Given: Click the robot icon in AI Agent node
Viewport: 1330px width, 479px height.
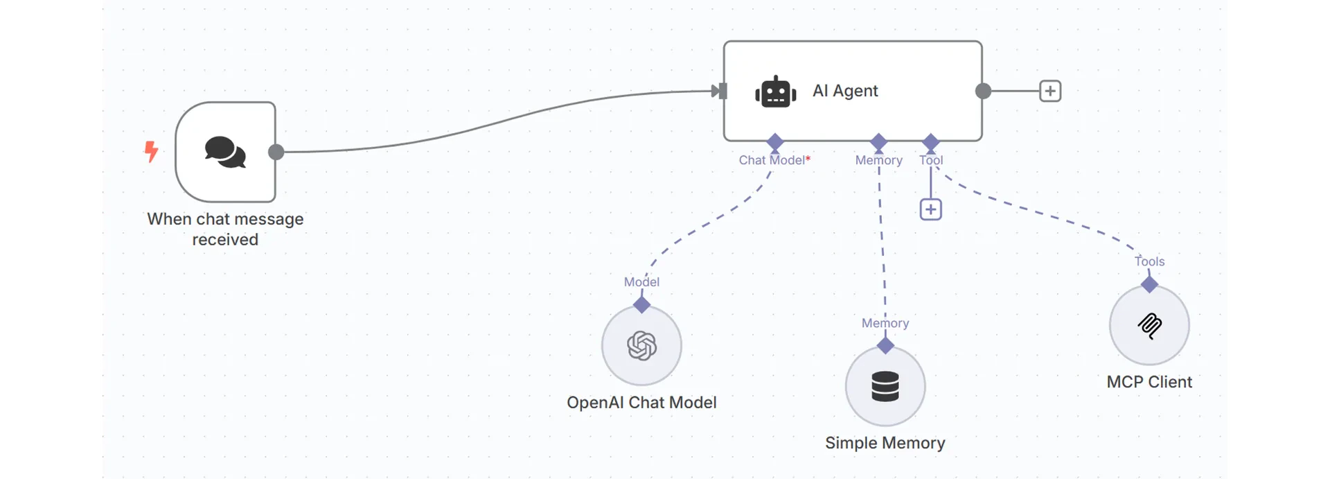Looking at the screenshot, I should point(775,92).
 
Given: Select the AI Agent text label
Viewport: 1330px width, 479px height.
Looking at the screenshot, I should point(845,91).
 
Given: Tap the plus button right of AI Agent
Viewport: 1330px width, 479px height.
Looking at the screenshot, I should point(1050,91).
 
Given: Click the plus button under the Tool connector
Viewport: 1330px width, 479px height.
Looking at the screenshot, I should point(930,209).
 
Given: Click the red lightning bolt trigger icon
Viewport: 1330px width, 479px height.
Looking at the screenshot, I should point(151,151).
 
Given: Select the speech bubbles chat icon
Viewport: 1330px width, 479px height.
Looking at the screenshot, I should point(225,152).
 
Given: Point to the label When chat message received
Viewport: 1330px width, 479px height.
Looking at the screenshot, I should point(225,229).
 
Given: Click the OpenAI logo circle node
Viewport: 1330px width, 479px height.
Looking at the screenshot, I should point(641,345).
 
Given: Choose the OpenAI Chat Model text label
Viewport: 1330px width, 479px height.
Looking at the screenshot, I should point(641,403).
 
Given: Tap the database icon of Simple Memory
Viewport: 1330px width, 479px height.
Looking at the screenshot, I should point(885,386).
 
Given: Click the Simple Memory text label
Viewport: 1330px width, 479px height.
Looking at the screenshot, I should point(885,443).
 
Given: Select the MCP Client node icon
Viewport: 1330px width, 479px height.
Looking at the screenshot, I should point(1149,325).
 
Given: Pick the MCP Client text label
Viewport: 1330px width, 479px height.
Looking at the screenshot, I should point(1149,382).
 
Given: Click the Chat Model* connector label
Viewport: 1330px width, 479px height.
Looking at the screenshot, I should point(774,160).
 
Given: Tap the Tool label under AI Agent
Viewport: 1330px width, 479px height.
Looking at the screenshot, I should point(931,160).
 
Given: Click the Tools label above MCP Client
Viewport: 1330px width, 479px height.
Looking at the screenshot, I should point(1149,261).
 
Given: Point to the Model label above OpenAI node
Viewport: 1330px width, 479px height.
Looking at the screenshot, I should point(641,282).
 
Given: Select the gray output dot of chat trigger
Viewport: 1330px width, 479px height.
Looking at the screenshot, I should point(276,152).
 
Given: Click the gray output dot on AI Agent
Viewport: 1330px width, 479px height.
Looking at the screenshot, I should point(983,91).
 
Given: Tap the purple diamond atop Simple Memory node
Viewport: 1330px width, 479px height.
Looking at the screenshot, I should point(885,345).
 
